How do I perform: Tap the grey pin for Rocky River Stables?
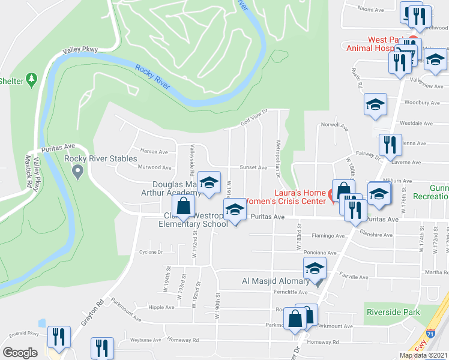(77, 173)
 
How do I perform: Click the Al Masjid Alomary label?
(275, 281)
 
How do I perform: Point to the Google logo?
(20, 353)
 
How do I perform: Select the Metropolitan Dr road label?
(278, 159)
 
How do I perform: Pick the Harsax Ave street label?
(154, 152)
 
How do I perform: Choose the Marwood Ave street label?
(151, 167)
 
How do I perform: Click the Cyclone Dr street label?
(151, 252)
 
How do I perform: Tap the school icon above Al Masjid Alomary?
(314, 271)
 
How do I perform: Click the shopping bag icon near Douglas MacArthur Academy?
(184, 208)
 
